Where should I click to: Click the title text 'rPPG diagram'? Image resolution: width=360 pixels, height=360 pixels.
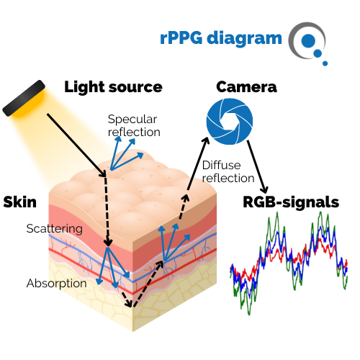[221, 38]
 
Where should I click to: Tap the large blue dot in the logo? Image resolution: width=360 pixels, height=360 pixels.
[308, 41]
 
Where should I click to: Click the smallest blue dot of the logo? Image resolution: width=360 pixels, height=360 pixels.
[325, 63]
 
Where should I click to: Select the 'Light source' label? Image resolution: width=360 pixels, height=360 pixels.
[113, 87]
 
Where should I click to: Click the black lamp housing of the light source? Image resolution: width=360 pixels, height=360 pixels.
[24, 98]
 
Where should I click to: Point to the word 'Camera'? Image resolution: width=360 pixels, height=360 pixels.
[246, 87]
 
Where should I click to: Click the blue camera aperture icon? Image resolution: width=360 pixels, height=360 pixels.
[230, 121]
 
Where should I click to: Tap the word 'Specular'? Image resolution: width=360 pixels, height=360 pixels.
[132, 120]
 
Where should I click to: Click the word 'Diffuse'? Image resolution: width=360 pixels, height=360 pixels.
[221, 165]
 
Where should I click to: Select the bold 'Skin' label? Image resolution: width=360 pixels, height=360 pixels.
[20, 202]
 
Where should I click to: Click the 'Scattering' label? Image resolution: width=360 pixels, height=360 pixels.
[55, 228]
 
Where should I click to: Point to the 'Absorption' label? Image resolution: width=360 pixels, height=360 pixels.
[57, 283]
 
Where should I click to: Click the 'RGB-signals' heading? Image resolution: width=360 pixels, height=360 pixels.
[291, 202]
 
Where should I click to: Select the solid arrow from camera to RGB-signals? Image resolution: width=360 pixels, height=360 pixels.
[257, 167]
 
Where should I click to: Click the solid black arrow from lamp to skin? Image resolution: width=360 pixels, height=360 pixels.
[76, 145]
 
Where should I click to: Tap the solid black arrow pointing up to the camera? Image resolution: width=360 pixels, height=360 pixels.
[198, 163]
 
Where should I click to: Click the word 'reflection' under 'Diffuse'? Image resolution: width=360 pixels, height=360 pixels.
[228, 179]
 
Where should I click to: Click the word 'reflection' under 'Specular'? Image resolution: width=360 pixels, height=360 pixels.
[134, 132]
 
